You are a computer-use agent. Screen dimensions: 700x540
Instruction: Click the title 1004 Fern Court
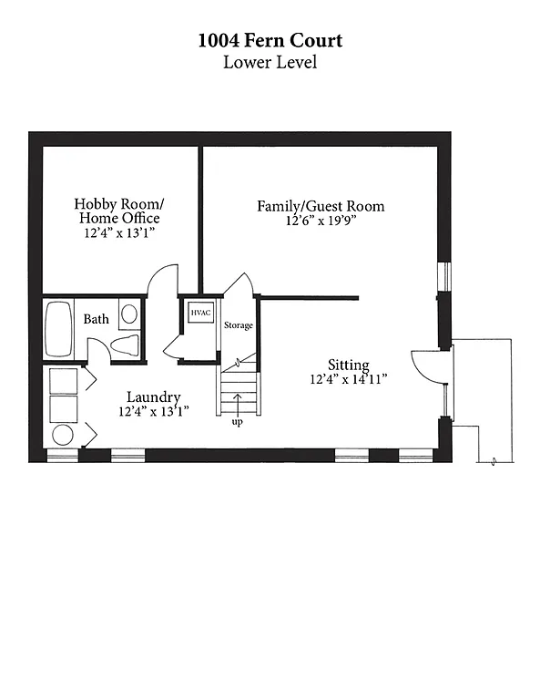270,41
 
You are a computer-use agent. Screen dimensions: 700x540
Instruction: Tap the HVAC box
200,313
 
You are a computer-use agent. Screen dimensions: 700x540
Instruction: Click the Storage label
239,325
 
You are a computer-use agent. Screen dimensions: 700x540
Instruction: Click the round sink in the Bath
129,314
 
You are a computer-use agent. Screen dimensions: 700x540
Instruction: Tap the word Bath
97,319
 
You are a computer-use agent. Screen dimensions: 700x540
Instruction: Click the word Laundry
153,397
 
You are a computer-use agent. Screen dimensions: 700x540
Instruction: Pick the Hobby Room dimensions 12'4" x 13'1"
117,233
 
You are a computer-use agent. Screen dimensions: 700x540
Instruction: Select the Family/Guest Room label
321,206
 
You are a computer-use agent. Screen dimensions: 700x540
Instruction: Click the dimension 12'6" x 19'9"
321,221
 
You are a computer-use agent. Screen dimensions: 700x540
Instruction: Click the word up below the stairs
237,423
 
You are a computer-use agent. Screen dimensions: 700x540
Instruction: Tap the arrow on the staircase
238,402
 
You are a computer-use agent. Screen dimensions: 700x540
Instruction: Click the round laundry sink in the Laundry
63,435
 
